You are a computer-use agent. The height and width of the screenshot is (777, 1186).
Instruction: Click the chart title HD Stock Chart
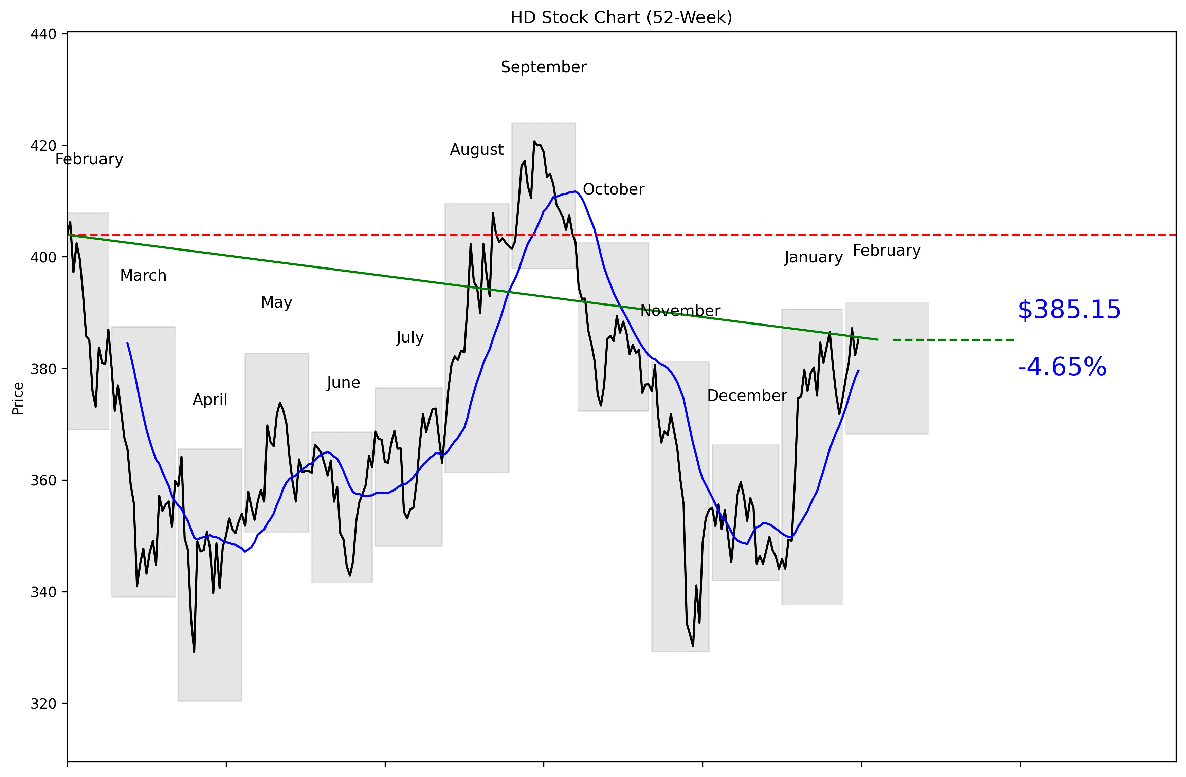[x=621, y=17]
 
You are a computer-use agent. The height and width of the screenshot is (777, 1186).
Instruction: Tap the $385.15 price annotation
[x=1069, y=310]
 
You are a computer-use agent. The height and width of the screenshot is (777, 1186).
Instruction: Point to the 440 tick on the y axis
[x=43, y=34]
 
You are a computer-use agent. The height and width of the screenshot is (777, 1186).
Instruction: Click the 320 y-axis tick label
[x=43, y=704]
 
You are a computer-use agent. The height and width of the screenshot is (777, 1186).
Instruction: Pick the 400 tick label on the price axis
[x=43, y=258]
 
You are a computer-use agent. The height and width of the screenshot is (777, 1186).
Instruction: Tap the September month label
[x=544, y=67]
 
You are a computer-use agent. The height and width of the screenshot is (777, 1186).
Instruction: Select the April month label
[x=210, y=400]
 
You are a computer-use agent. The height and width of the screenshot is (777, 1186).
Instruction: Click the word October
[x=614, y=189]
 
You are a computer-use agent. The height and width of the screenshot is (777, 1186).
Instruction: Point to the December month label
[x=747, y=395]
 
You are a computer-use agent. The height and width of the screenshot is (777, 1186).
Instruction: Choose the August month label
[x=477, y=149]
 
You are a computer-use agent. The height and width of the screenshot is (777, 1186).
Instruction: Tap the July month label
[x=409, y=338]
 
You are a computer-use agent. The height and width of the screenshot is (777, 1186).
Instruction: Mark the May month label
[x=277, y=302]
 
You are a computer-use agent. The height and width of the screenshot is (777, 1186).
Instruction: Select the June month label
[x=343, y=383]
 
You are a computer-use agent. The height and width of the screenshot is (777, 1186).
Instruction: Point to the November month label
[x=680, y=311]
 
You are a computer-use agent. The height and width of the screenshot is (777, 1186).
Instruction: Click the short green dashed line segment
[x=954, y=340]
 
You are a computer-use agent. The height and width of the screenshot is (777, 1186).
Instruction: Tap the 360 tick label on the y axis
[x=43, y=481]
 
